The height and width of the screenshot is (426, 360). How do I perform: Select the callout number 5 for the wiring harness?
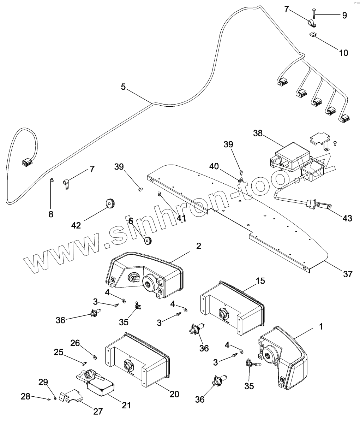pyautogui.click(x=123, y=87)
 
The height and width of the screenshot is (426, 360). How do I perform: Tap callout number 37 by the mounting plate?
pyautogui.click(x=347, y=273)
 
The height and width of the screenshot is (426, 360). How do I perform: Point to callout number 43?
pyautogui.click(x=347, y=218)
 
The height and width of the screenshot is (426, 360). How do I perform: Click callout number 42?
pyautogui.click(x=76, y=225)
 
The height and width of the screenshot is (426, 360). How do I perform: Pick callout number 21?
pyautogui.click(x=126, y=405)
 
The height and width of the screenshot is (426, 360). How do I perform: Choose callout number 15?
pyautogui.click(x=260, y=281)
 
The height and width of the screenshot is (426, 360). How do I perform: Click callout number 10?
pyautogui.click(x=343, y=53)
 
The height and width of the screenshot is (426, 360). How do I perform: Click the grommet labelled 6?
pyautogui.click(x=148, y=240)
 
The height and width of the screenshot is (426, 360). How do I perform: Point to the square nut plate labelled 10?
pyautogui.click(x=312, y=34)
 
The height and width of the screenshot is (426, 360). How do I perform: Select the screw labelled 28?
pyautogui.click(x=48, y=399)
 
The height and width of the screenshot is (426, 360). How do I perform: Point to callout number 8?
pyautogui.click(x=51, y=214)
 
